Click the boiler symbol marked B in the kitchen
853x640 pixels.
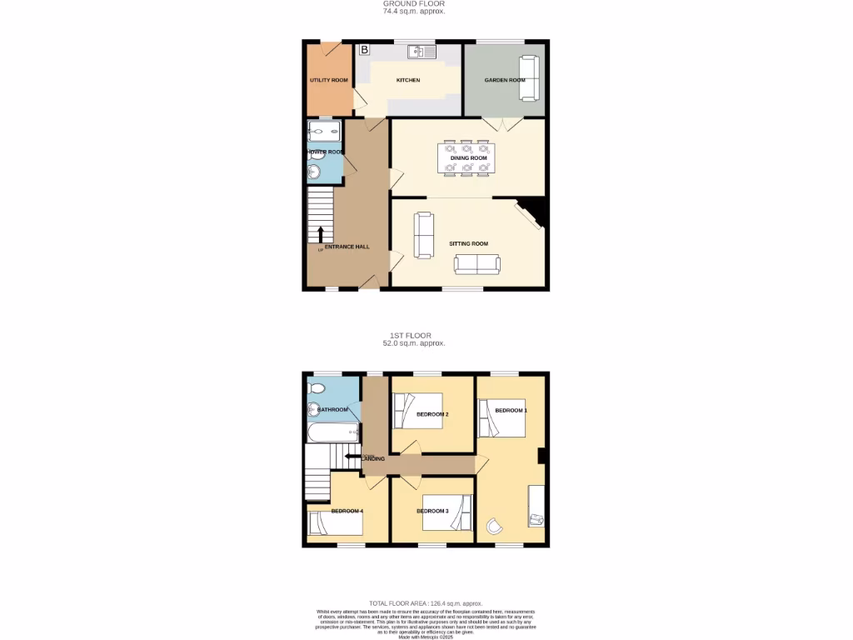[x=364, y=50]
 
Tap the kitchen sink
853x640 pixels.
[x=422, y=52]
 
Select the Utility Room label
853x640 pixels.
[x=328, y=80]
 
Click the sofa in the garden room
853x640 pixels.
[x=529, y=77]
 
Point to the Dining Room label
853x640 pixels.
[x=468, y=157]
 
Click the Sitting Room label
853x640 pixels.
[x=468, y=243]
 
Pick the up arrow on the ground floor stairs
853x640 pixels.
[x=321, y=233]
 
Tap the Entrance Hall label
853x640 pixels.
[x=347, y=247]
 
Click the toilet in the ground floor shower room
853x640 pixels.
[x=314, y=172]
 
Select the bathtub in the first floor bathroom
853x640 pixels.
[x=332, y=432]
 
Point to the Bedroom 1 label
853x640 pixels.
[x=511, y=410]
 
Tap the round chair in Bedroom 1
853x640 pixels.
[x=496, y=525]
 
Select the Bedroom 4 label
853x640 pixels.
[x=347, y=511]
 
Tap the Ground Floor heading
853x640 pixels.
[x=414, y=4]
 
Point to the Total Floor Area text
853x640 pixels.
[x=426, y=603]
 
